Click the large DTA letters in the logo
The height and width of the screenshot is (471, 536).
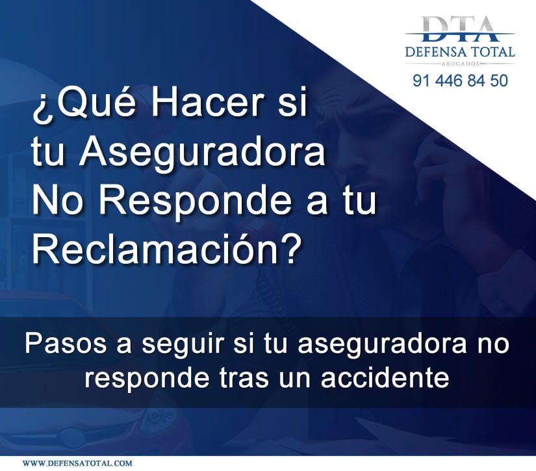[460, 29]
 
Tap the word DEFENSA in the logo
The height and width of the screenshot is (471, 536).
[436, 52]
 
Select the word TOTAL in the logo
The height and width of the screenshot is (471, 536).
[493, 52]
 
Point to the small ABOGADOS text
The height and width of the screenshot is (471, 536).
[460, 64]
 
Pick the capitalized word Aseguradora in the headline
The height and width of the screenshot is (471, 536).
[202, 153]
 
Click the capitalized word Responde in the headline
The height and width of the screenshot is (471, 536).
[196, 201]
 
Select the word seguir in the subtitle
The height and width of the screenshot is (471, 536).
[183, 345]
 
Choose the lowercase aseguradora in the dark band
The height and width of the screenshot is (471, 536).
[382, 344]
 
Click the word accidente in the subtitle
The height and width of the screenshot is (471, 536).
[385, 377]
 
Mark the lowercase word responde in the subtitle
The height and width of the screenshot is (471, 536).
[147, 379]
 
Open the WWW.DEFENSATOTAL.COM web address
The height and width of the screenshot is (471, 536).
[77, 463]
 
